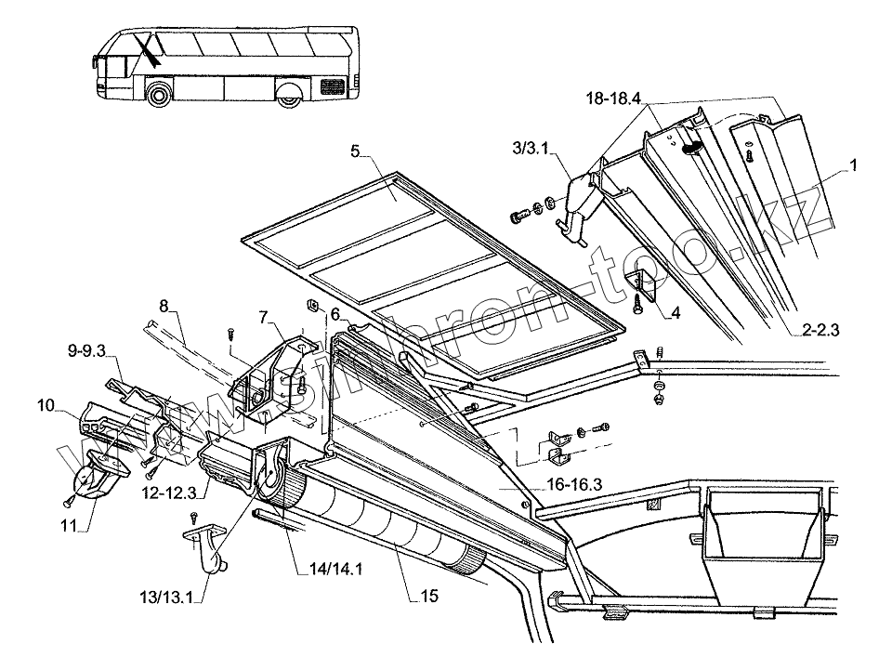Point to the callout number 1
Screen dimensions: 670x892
pyautogui.click(x=853, y=164)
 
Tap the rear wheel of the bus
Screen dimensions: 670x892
pyautogui.click(x=287, y=94)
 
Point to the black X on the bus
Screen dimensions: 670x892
pyautogui.click(x=145, y=48)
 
